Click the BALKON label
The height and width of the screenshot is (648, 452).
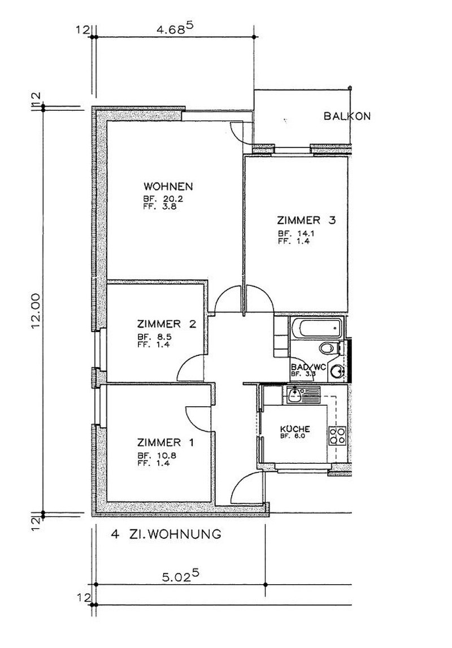pos(347,116)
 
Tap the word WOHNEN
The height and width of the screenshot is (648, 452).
pos(168,186)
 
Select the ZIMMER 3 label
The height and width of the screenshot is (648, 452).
pos(306,220)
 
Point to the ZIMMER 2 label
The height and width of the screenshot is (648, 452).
pos(167,324)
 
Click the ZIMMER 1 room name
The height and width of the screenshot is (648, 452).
pos(166,442)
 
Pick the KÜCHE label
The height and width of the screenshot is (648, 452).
pos(295,429)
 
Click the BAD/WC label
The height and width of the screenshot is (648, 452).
pos(308,367)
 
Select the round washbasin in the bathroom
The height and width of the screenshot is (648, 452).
pos(338,372)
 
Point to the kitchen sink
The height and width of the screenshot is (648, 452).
pos(294,395)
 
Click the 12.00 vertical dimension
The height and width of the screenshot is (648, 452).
pos(36,310)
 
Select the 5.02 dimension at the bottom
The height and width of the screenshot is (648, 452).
pos(181,575)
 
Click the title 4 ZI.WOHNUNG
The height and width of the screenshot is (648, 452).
pos(166,534)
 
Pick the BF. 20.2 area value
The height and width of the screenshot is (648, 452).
pos(163,198)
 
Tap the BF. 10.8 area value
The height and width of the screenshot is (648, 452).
pos(154,455)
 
